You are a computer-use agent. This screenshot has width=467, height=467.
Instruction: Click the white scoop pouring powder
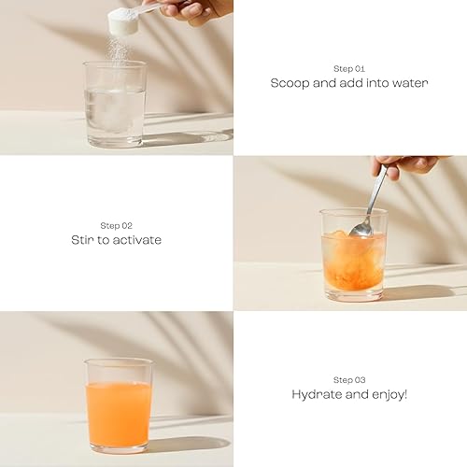(x=124, y=21)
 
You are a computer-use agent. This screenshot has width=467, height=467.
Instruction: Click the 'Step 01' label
(x=349, y=68)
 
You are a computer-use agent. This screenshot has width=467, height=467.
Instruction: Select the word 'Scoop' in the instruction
(x=290, y=83)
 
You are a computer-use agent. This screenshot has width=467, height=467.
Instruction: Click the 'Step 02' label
(x=116, y=225)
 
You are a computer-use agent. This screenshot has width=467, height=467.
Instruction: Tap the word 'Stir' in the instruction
(x=81, y=240)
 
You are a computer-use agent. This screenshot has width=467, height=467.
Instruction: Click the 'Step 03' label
(x=349, y=379)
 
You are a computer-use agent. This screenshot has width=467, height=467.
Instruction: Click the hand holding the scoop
(x=191, y=9)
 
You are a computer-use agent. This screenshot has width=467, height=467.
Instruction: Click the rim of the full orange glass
(x=119, y=362)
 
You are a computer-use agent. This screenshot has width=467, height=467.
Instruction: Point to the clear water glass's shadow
(x=187, y=138)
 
